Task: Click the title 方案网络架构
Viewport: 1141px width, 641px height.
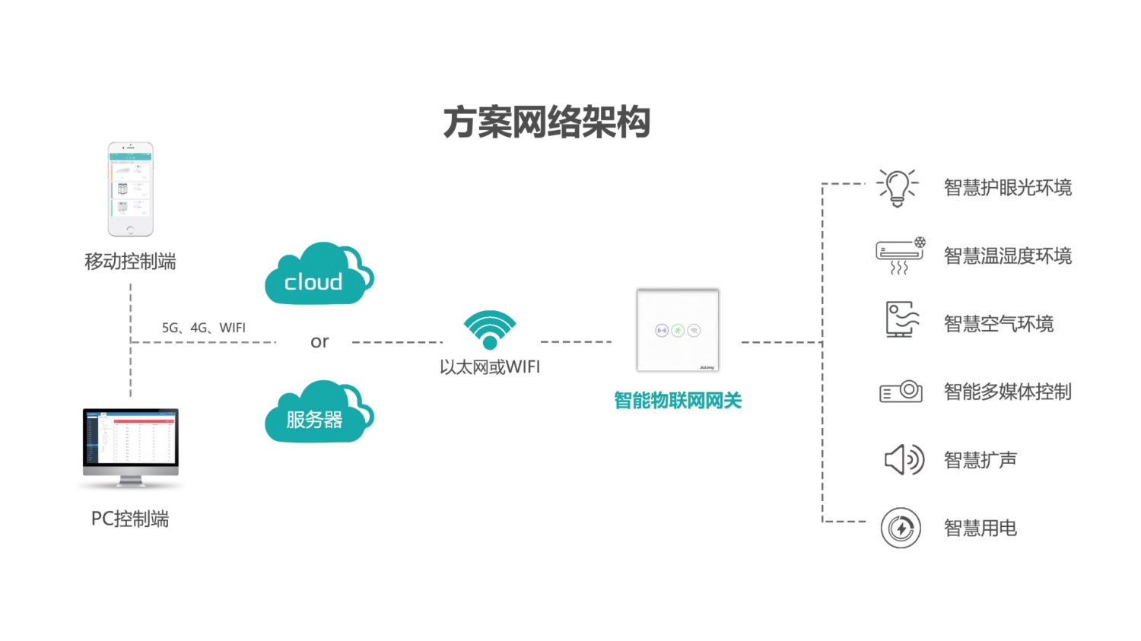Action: (x=547, y=122)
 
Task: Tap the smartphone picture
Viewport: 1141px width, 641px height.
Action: (x=130, y=189)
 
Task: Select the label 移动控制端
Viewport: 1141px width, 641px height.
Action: (x=130, y=262)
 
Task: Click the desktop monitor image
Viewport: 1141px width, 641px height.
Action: (x=131, y=446)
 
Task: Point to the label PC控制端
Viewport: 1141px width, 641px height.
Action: (x=130, y=519)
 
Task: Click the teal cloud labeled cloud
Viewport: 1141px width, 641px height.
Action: (x=317, y=275)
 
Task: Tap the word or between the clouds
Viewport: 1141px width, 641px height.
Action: (x=319, y=342)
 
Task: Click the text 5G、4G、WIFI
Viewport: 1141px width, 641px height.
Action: (x=203, y=328)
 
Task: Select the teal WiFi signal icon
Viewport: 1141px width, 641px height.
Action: (x=490, y=328)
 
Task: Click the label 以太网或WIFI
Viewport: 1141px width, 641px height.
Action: (x=490, y=367)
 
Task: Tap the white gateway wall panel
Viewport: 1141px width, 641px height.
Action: (x=677, y=330)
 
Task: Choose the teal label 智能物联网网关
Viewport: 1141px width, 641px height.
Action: (x=677, y=400)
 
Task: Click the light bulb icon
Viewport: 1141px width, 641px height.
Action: (x=898, y=187)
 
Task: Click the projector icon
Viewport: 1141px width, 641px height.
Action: (x=901, y=392)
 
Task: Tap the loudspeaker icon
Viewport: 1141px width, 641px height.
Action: (x=903, y=459)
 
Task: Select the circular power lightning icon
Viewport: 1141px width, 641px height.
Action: (x=901, y=528)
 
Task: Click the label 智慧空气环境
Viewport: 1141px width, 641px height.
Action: (x=998, y=324)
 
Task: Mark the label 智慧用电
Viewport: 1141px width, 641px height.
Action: (x=980, y=528)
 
